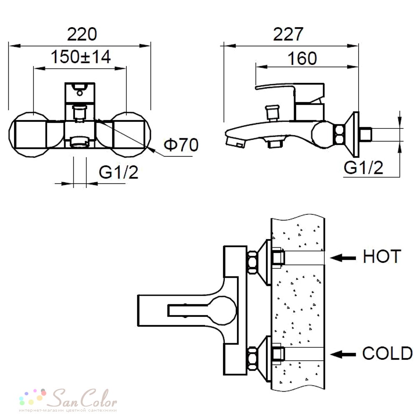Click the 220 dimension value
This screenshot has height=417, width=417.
click(x=82, y=34)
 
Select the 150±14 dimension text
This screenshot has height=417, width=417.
click(x=80, y=57)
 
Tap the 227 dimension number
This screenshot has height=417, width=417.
click(x=288, y=34)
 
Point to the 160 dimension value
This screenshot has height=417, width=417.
click(x=302, y=58)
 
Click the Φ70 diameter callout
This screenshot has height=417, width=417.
click(x=181, y=145)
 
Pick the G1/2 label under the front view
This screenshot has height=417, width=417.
click(x=118, y=172)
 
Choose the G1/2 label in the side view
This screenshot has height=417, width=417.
click(x=364, y=168)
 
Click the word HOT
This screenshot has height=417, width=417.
click(x=382, y=256)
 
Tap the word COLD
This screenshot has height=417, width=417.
click(x=387, y=354)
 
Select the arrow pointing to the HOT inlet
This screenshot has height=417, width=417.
click(x=343, y=258)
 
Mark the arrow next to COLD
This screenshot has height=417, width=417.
click(x=343, y=354)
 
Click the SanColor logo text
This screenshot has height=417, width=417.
click(x=83, y=398)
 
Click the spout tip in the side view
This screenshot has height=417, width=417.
click(x=235, y=141)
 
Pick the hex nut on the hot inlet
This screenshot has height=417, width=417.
click(x=252, y=262)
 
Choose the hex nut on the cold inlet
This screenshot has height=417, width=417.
click(x=252, y=359)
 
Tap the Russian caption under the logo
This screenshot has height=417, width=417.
click(x=68, y=410)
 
